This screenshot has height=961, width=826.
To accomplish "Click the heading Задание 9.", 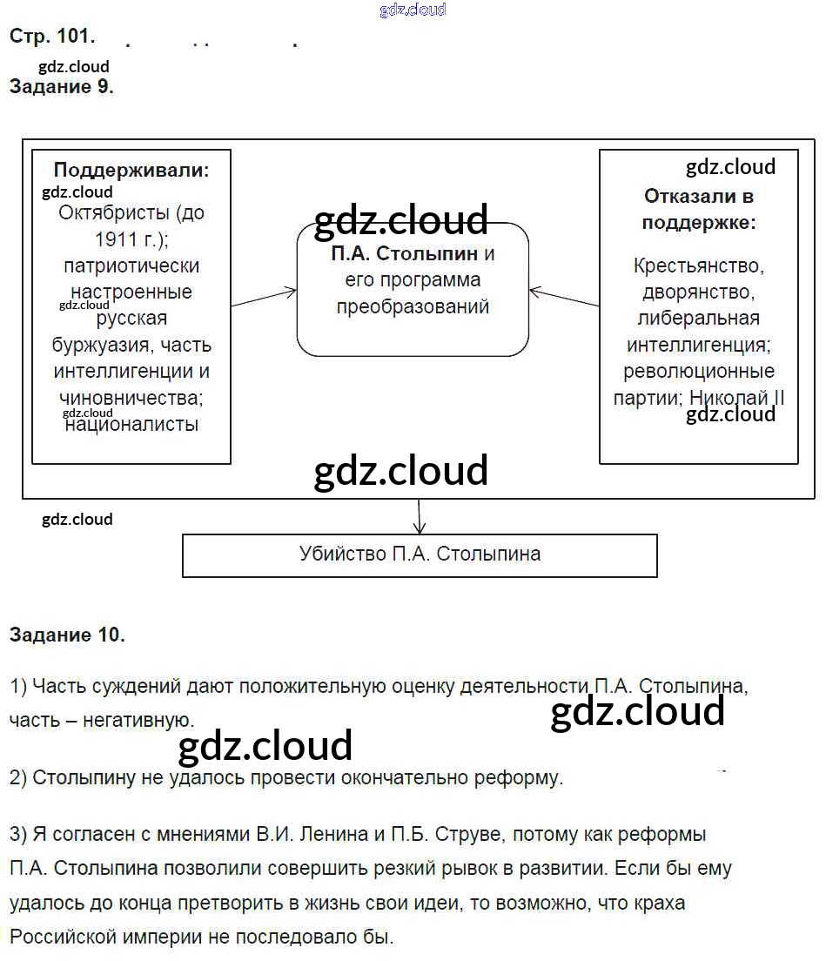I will (x=61, y=87).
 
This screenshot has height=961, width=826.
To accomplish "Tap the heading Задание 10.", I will (x=67, y=635).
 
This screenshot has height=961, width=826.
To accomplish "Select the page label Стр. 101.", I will (x=51, y=37).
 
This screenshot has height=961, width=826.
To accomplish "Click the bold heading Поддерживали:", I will (x=131, y=171).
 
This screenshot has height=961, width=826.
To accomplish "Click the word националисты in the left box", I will (x=132, y=425).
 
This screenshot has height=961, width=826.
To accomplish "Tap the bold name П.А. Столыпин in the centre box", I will (x=404, y=255).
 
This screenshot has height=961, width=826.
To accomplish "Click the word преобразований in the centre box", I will (x=413, y=307).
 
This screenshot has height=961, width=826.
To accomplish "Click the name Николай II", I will (x=737, y=398).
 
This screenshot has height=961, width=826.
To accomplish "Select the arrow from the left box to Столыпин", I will (x=265, y=297).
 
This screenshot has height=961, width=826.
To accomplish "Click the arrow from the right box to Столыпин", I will (x=564, y=297).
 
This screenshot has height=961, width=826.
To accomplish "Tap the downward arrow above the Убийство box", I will (x=420, y=518).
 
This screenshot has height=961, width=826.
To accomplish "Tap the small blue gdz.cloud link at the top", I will (x=413, y=10).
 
